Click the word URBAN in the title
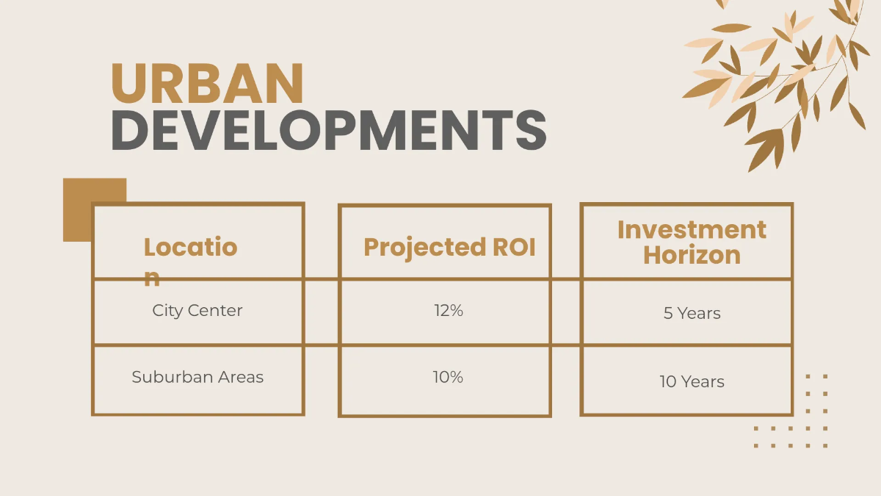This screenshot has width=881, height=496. click(206, 84)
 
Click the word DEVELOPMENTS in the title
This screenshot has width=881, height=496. click(328, 130)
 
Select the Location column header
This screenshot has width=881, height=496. click(190, 247)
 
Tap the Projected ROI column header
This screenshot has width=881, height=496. click(449, 247)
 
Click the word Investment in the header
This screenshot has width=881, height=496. click(692, 229)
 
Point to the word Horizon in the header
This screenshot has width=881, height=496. click(692, 255)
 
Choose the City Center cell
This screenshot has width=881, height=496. click(197, 310)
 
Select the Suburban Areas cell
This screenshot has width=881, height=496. click(197, 377)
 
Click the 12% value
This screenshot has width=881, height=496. click(448, 310)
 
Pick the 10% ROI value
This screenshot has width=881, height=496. click(448, 377)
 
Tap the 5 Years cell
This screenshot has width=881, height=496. click(692, 313)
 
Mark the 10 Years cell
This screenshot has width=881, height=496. click(692, 381)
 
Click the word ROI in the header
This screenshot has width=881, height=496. click(514, 247)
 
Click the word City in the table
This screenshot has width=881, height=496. click(166, 310)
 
